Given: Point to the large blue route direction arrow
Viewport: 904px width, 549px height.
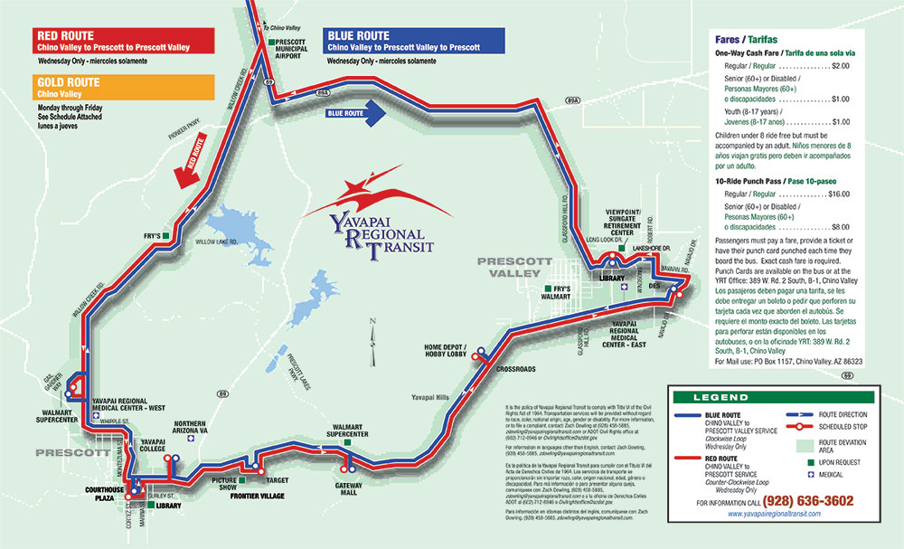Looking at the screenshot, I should pos(357,112).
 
